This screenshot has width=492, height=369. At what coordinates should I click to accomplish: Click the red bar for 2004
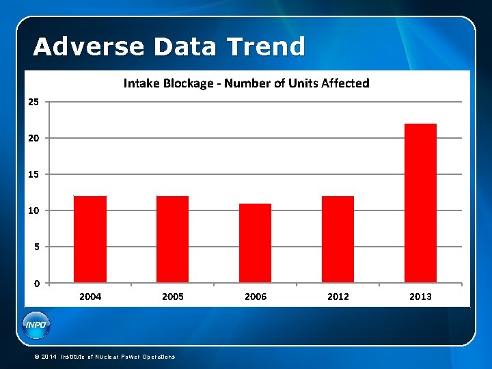point(90,239)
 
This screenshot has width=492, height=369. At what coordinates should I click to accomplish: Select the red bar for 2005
point(173,239)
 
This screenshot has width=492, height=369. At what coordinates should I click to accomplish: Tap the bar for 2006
point(256,243)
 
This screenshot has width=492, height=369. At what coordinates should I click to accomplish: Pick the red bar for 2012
point(338,239)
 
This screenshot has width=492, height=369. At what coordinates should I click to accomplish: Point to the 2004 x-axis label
point(90,297)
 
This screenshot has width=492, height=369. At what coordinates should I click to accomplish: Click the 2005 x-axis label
point(173,297)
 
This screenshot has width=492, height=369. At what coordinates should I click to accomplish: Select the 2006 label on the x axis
point(256,297)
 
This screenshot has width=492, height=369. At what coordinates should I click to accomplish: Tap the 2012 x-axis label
point(338,297)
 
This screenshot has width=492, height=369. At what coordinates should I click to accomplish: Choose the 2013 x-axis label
point(420,297)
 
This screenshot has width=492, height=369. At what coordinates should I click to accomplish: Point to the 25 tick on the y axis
point(33,102)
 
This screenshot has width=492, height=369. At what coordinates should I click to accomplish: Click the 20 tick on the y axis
point(33,138)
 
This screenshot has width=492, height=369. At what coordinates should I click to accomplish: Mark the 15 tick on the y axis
point(33,174)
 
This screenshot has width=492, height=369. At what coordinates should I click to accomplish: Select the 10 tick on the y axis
point(33,210)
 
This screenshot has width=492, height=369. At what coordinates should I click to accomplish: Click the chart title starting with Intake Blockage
point(246,83)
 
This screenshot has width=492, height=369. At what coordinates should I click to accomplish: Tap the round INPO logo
point(36,325)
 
